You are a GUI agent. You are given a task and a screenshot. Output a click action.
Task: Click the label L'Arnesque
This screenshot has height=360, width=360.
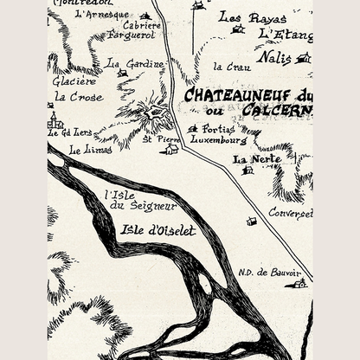101,15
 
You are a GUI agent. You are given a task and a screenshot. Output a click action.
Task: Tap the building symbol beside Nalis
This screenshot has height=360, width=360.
304,58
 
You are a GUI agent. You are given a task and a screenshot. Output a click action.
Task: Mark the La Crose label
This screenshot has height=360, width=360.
78,97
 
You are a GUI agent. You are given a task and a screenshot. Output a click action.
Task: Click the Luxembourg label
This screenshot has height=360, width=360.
218,139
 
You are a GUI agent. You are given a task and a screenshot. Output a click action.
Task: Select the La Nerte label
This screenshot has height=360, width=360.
251,159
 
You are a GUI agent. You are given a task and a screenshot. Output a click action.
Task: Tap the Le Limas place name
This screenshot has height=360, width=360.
85,149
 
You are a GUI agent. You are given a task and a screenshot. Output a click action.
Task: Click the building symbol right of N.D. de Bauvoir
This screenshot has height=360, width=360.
299,283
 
